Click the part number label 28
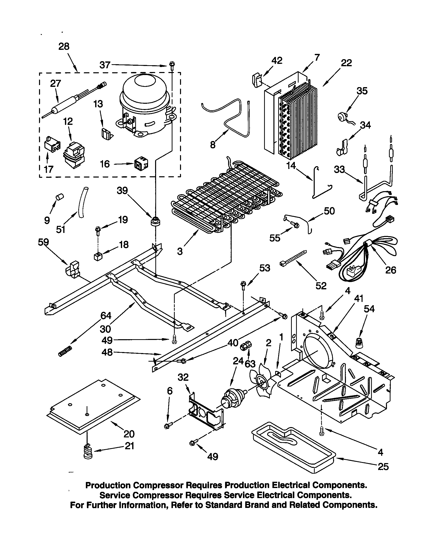tap(64, 47)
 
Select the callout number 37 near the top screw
tap(104, 65)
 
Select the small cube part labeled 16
tap(141, 165)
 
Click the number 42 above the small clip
tap(277, 61)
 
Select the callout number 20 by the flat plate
tap(129, 434)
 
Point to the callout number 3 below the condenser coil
tap(180, 251)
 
